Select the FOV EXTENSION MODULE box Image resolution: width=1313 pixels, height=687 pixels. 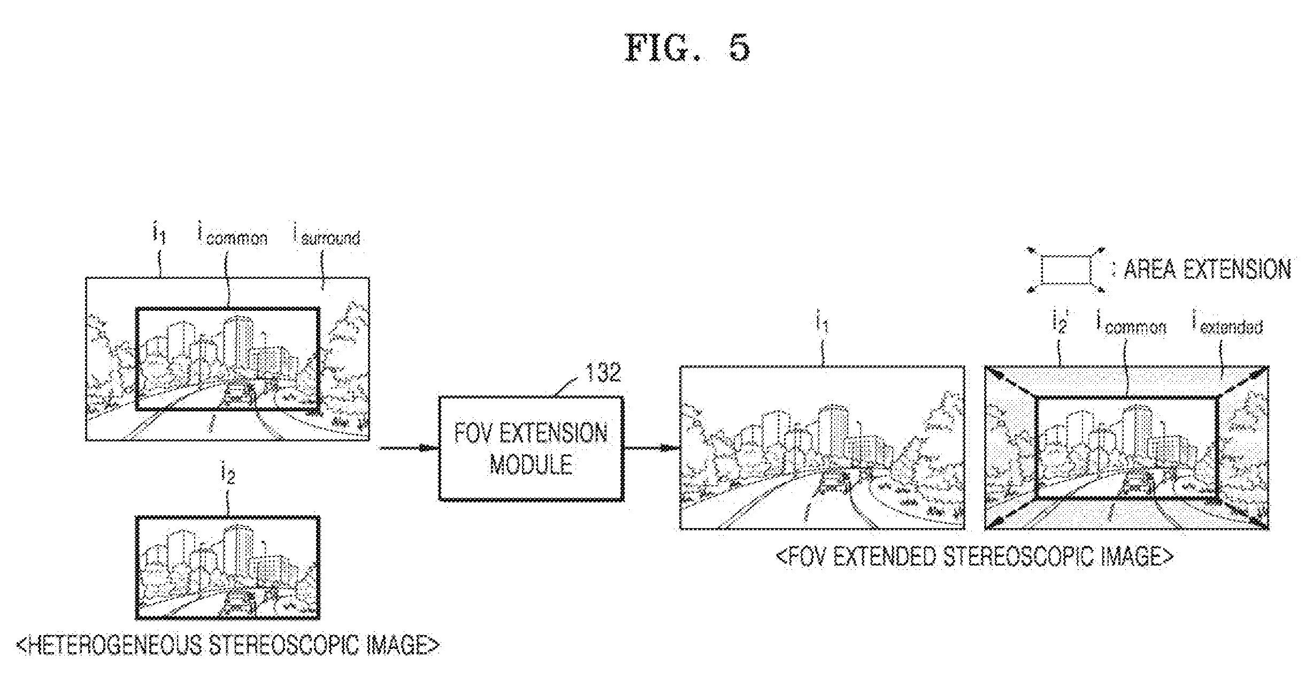point(531,448)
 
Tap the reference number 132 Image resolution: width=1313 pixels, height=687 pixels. point(603,372)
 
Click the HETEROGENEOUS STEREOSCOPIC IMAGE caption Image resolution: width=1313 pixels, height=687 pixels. point(228,646)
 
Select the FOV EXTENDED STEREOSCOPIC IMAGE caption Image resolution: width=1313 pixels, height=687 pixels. point(974,557)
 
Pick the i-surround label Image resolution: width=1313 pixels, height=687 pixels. point(326,236)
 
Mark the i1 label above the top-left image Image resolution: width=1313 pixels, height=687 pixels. point(159,233)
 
